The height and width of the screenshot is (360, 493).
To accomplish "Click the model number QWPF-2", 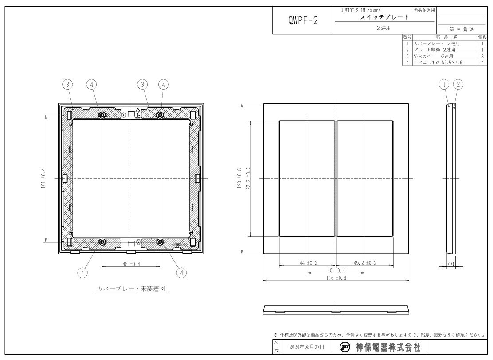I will tap(303, 21).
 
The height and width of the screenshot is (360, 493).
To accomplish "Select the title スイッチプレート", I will tap(384, 17).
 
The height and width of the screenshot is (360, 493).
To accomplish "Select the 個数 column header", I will tap(482, 38).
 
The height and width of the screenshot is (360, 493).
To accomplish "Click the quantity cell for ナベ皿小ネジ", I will tap(482, 63).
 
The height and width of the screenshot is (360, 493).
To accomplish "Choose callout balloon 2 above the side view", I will tap(459, 84).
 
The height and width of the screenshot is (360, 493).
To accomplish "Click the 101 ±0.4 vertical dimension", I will tap(43, 178).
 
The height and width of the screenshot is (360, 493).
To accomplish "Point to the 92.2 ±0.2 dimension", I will tap(248, 178).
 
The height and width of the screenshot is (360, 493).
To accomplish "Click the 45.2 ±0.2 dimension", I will tap(365, 263).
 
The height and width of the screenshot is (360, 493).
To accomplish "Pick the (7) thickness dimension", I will tap(451, 264).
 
